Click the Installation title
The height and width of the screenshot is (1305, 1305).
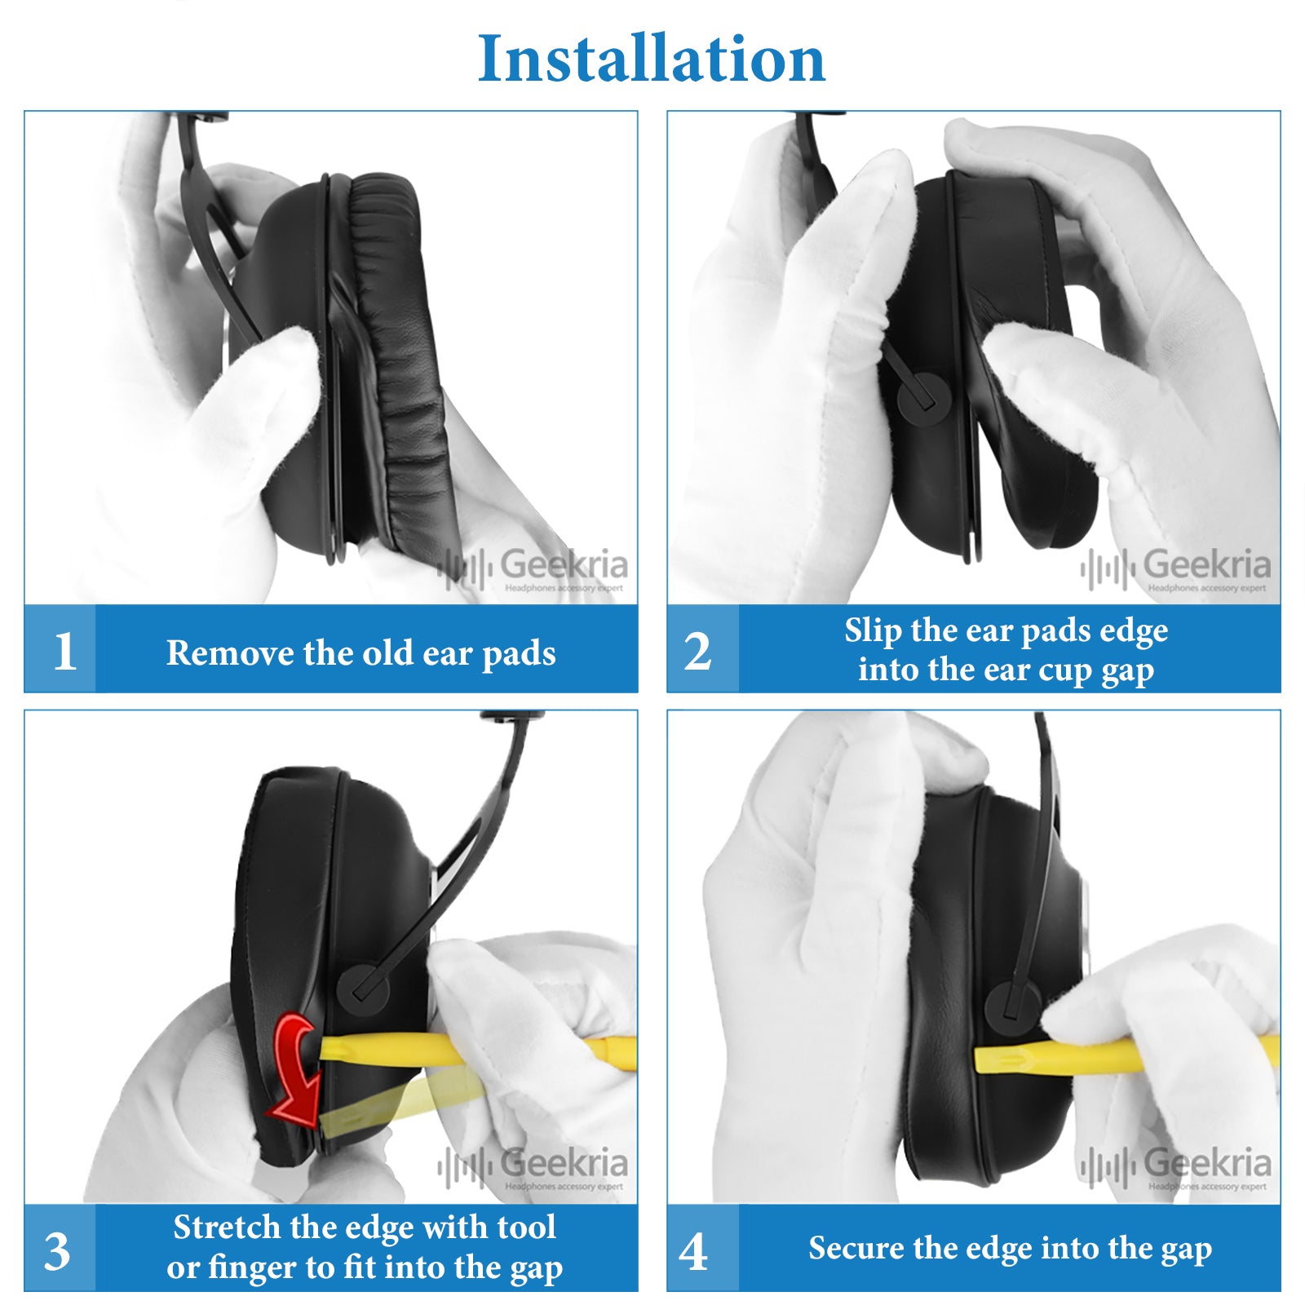[x=651, y=59]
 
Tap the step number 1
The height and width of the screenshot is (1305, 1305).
[x=64, y=651]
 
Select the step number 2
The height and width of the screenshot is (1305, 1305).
[x=698, y=651]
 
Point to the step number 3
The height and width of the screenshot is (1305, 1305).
[x=57, y=1251]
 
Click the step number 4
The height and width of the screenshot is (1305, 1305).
[x=693, y=1251]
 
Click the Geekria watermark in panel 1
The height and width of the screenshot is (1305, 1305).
[x=533, y=568]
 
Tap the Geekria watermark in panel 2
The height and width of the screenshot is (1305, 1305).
[x=1176, y=568]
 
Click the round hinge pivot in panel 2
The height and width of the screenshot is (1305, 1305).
[x=924, y=397]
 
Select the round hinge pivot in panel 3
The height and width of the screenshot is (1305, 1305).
[x=364, y=989]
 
